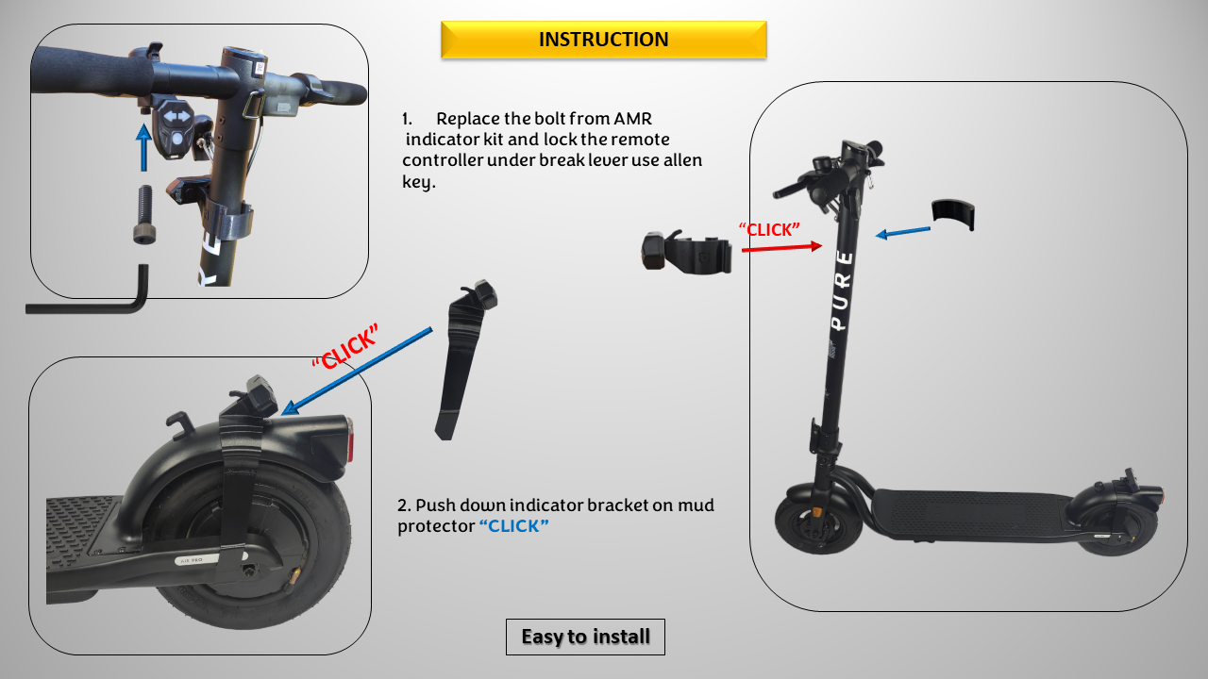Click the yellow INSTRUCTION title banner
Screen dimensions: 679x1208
point(603,40)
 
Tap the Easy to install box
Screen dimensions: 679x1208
point(585,637)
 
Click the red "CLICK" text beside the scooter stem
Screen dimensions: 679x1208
point(769,229)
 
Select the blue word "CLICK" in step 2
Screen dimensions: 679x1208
point(514,526)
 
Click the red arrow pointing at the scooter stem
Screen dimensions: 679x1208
point(782,248)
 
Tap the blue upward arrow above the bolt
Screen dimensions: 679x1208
point(143,149)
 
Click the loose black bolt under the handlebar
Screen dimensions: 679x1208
point(144,214)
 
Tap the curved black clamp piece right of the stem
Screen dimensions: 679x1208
point(952,214)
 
